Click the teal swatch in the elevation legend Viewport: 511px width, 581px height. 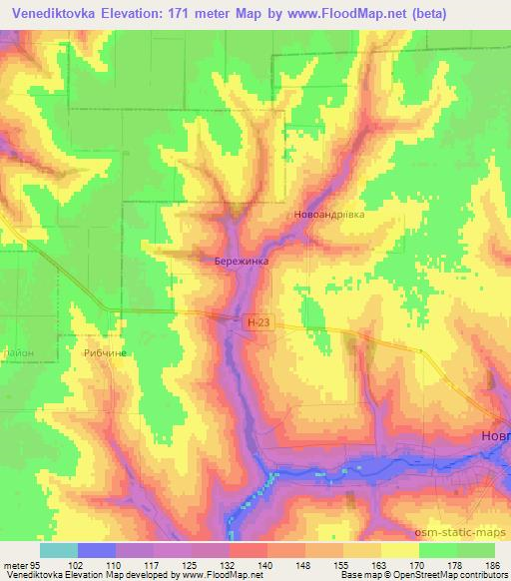[59, 550]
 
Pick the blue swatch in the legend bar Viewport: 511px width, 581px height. [97, 550]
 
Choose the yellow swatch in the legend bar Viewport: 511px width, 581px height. [399, 550]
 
